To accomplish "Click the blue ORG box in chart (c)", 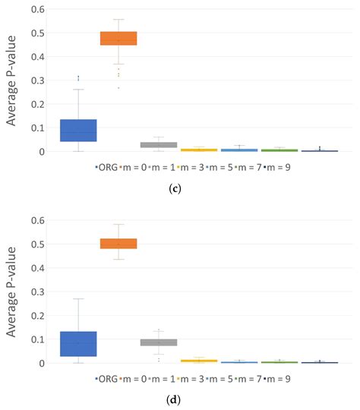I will [78, 131].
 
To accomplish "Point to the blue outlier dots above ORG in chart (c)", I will [78, 77].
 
